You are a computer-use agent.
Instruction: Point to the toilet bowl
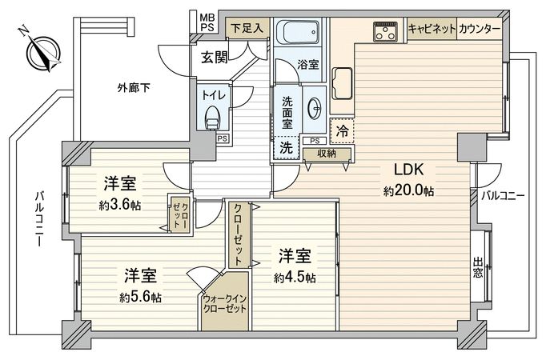click(212, 119)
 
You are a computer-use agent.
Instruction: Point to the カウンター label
click(481, 29)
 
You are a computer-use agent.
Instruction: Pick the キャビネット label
click(432, 29)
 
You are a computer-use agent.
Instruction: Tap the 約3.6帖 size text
click(121, 205)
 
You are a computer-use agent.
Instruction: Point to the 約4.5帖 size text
click(295, 278)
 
